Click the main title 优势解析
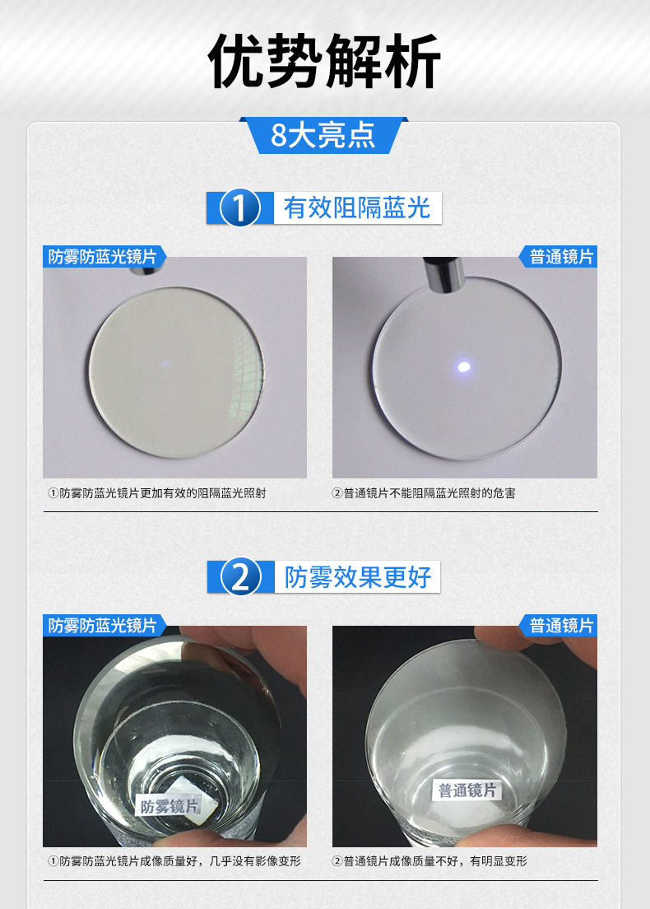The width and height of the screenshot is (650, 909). [x=324, y=61]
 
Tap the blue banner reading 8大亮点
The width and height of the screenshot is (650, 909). [x=324, y=135]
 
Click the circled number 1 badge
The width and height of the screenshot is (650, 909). [x=239, y=207]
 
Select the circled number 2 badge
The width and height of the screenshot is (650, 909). [x=240, y=577]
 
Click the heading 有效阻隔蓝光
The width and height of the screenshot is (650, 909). [x=357, y=207]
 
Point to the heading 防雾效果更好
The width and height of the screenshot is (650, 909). [x=357, y=577]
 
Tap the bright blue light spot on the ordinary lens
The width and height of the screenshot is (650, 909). [x=463, y=366]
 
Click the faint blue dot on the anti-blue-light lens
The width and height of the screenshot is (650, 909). [x=167, y=364]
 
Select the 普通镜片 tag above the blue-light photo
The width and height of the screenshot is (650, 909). [x=559, y=256]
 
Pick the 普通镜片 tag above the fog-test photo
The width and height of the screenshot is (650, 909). [x=559, y=626]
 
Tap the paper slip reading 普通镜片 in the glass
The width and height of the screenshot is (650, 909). [x=467, y=790]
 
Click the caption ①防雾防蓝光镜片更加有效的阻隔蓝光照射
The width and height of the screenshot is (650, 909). [x=157, y=493]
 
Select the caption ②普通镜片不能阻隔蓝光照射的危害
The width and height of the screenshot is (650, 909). [x=424, y=493]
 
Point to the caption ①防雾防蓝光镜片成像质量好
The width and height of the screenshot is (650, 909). [x=123, y=861]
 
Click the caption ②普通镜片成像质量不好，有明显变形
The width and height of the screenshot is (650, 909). [x=429, y=861]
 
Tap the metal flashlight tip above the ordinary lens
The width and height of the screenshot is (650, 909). [x=442, y=272]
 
